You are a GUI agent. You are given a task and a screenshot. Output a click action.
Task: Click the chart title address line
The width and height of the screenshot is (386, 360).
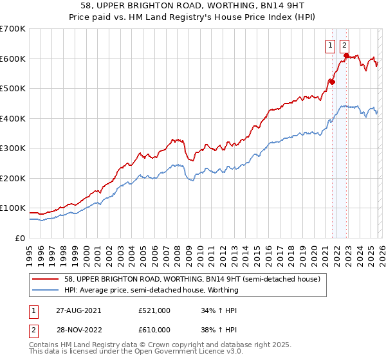coord(193,6)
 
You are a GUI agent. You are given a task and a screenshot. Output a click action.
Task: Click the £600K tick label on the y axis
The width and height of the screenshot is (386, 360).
coord(13,59)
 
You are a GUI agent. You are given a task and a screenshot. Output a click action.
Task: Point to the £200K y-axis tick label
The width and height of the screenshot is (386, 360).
coord(13,178)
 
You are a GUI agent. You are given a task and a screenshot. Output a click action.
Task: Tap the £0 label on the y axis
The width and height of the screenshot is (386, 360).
coord(19,238)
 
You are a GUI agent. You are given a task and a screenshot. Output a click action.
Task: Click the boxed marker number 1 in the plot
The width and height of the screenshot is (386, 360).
coord(330,45)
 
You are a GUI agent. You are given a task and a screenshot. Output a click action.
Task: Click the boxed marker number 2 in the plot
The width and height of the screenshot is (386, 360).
coord(345,45)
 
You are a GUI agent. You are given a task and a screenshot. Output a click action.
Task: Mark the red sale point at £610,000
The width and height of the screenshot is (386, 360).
coord(345,56)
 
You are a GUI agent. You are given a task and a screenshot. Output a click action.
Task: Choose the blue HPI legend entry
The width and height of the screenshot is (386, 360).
coord(151,290)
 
